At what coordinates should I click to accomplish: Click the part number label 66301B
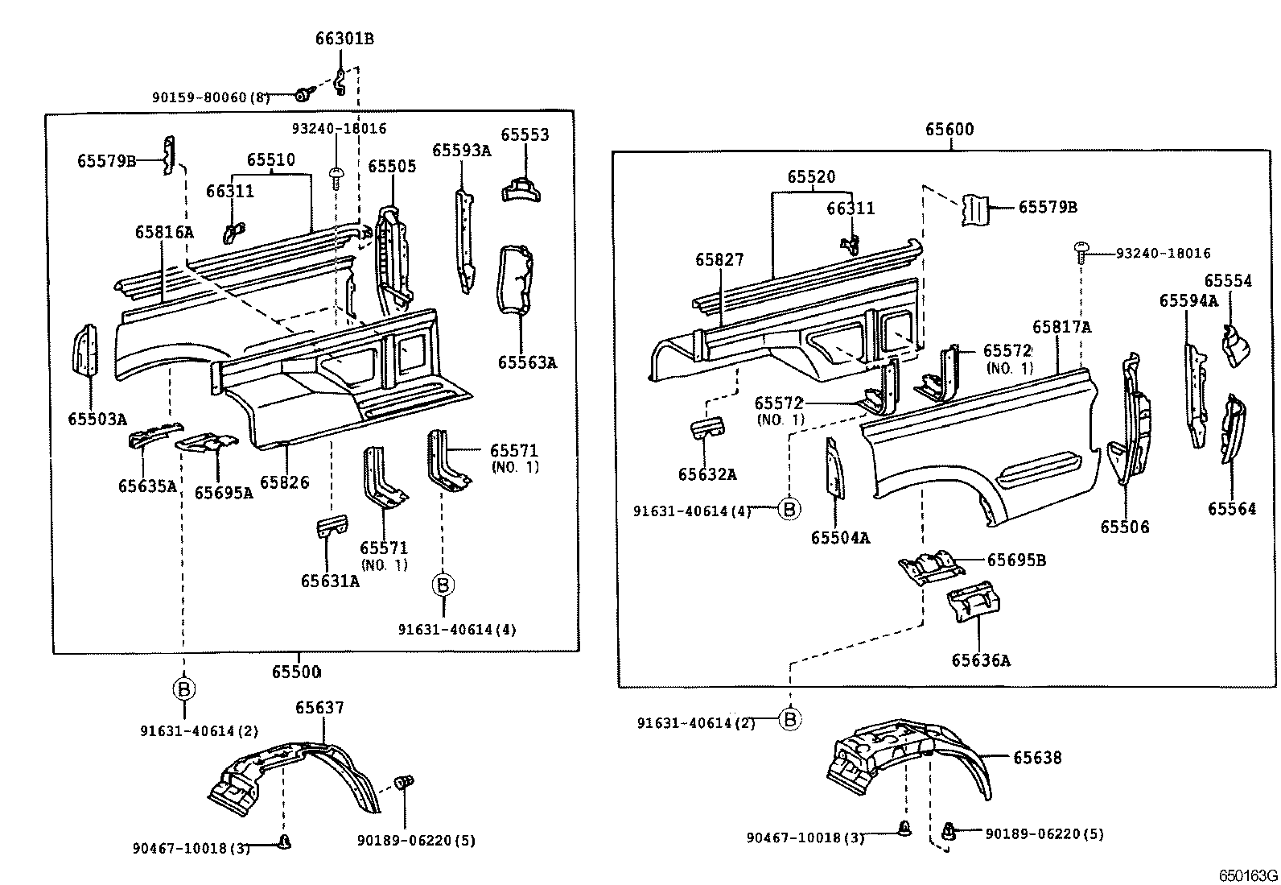344,39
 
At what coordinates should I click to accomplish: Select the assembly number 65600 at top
949,129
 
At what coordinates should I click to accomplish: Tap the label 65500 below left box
295,672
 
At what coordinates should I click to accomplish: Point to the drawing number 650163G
1246,875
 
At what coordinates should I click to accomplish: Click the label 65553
525,134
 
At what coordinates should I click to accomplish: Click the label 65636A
980,660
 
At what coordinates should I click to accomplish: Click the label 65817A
1061,327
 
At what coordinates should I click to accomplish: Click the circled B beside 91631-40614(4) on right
789,509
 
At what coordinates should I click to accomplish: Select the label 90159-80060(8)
211,97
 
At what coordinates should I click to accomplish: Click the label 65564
1231,508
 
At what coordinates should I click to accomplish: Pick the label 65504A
840,538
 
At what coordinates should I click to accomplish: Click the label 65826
285,482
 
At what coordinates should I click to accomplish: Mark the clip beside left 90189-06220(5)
405,781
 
